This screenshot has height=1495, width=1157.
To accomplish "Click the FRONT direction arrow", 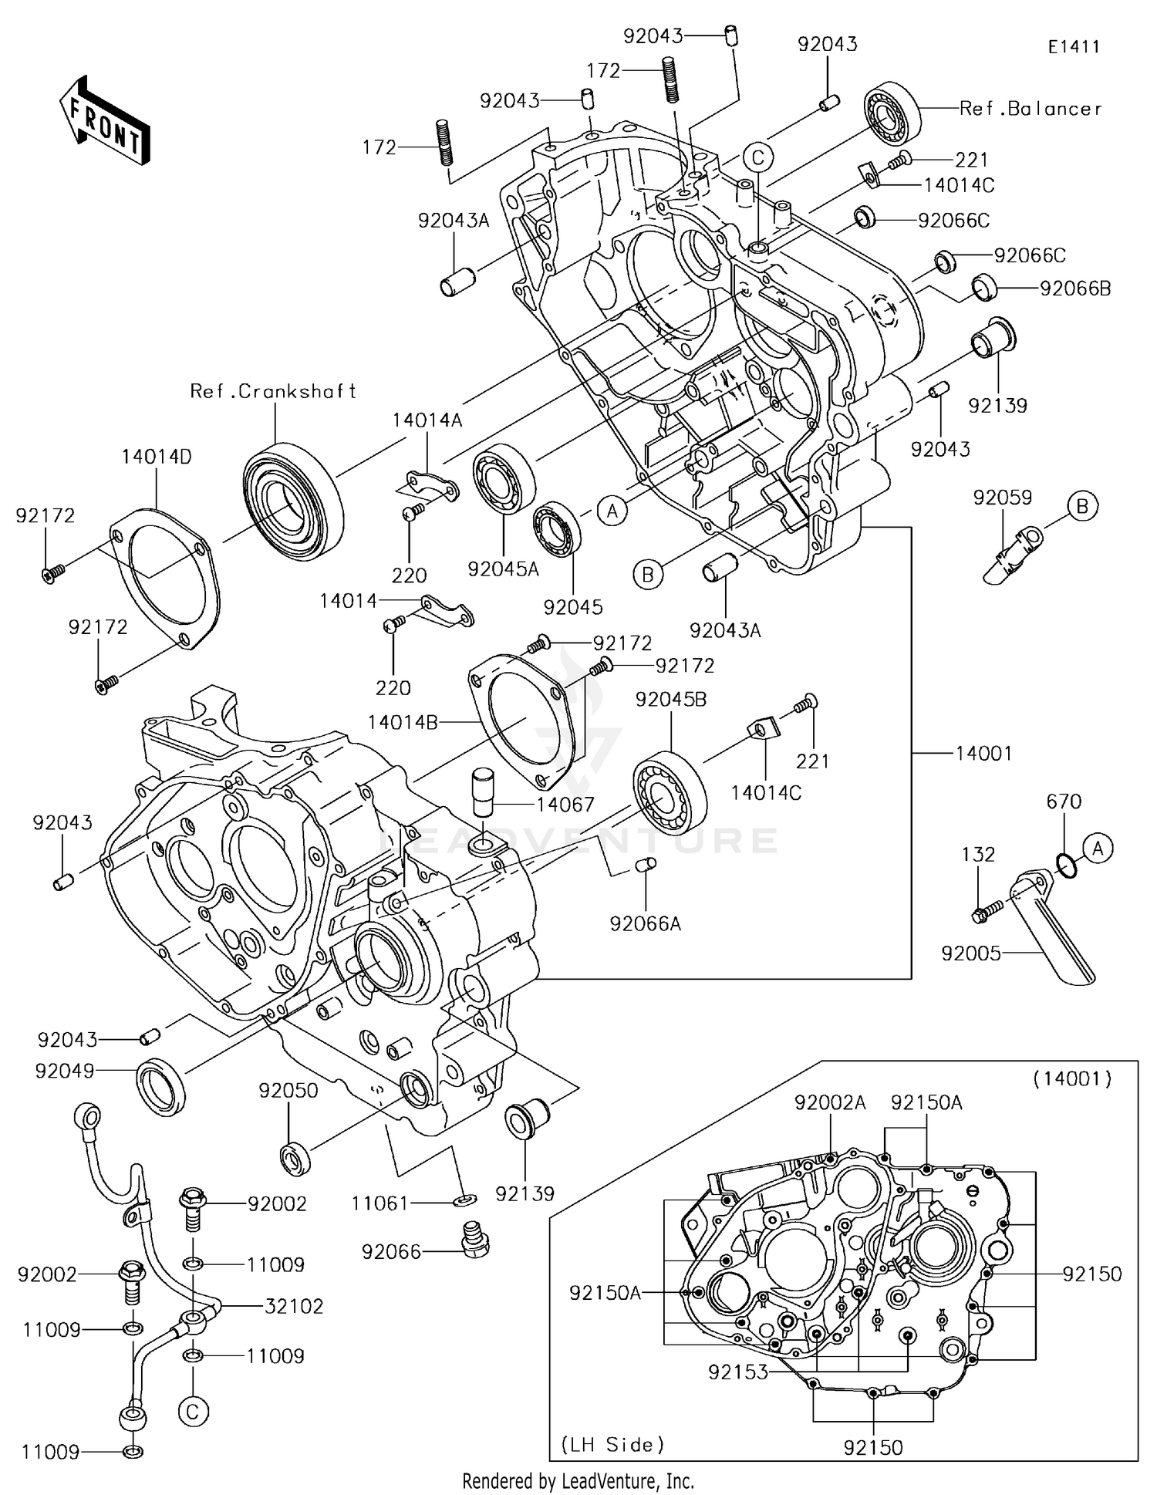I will [104, 121].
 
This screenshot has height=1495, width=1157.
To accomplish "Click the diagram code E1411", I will [1073, 47].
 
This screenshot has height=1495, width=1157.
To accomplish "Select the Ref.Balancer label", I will [1030, 109].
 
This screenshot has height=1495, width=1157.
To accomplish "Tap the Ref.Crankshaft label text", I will [273, 392].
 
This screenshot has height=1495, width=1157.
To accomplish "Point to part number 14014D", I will [157, 457].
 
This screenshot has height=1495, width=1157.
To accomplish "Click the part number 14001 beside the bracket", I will [983, 753].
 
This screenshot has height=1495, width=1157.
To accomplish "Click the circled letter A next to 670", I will [1098, 849].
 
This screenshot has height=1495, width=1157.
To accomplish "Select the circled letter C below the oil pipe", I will [193, 1412].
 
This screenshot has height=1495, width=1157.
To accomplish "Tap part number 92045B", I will [671, 700].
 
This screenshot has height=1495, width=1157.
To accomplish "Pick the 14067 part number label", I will [566, 805].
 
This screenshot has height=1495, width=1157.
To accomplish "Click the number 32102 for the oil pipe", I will [294, 1306].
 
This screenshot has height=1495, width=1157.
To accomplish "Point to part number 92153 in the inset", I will [738, 1372].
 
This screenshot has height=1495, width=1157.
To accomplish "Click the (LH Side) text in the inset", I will [612, 1444].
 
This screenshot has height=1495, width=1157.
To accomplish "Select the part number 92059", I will [1002, 498].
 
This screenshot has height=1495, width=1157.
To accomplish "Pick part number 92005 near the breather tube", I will [971, 953].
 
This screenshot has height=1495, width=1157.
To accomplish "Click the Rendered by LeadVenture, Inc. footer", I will [578, 1480].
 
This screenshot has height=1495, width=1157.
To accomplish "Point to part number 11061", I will [379, 1203].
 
